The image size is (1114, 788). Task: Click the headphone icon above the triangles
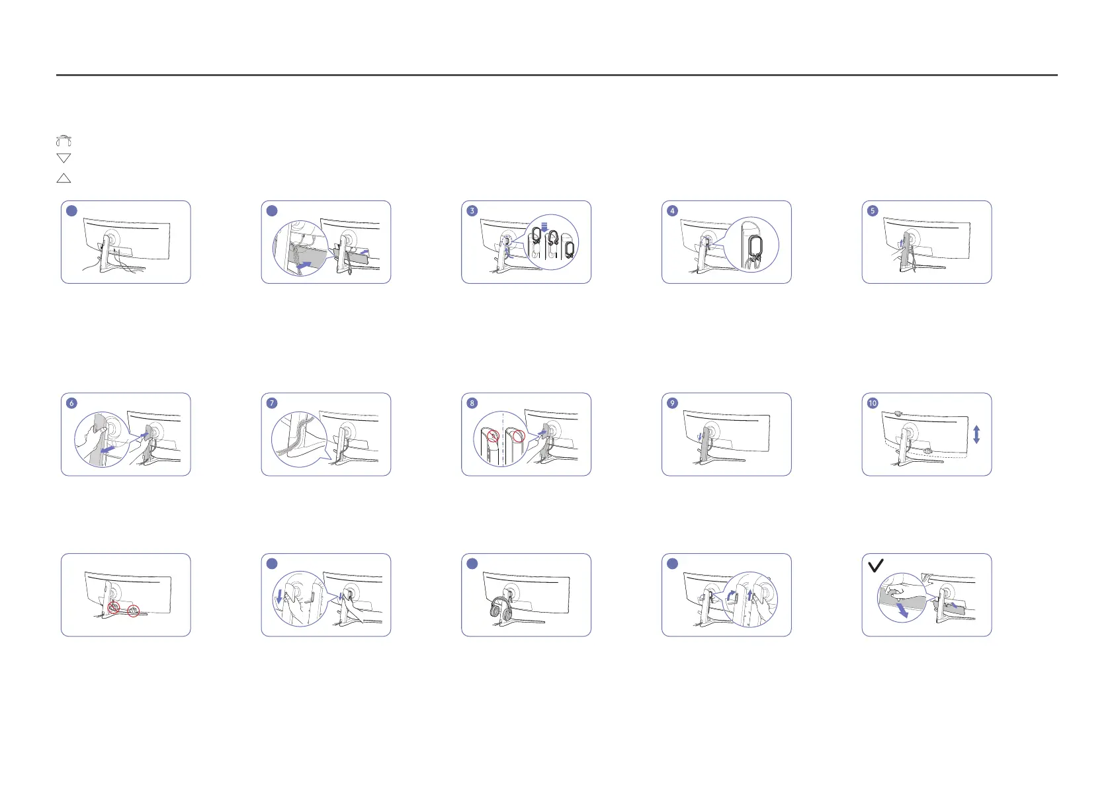tap(64, 140)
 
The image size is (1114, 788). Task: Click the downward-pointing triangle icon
tap(64, 158)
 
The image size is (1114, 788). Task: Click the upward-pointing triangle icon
tap(64, 178)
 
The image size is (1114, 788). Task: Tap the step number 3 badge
tap(472, 211)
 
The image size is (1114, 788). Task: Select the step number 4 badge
tap(672, 211)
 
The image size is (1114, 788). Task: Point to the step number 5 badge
tap(873, 211)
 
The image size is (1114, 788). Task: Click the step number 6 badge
tap(71, 403)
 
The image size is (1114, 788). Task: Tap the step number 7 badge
tap(272, 403)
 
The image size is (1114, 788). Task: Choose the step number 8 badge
tap(472, 403)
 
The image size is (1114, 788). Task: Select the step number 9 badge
tap(672, 403)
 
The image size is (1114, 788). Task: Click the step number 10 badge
tap(873, 403)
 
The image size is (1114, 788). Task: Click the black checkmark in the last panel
tap(875, 566)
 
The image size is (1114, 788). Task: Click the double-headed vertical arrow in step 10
tap(976, 435)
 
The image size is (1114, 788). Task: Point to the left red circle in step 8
tap(492, 437)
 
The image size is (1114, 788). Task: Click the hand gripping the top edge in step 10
tap(898, 413)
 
